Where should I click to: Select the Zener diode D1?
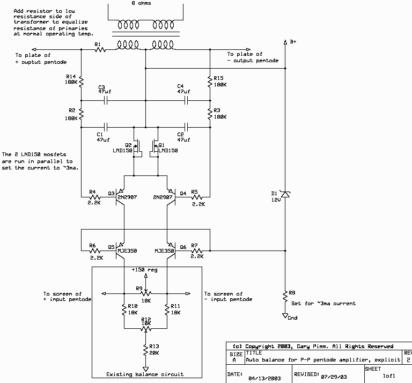click(x=284, y=197)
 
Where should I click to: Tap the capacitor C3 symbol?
click(x=106, y=100)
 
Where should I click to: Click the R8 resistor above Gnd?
click(x=284, y=296)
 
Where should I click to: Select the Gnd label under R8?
click(x=292, y=318)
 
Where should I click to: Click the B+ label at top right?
click(x=293, y=41)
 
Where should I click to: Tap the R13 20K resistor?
click(x=145, y=350)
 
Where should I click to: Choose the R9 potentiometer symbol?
click(x=145, y=293)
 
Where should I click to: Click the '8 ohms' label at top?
click(x=145, y=3)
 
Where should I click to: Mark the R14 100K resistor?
click(x=81, y=81)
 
